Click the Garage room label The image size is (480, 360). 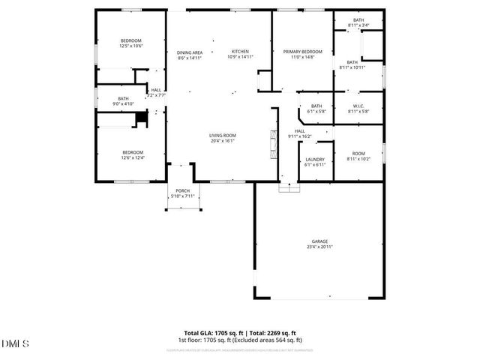(x=318, y=241)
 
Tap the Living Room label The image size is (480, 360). (x=223, y=135)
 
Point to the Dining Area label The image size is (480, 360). (x=190, y=52)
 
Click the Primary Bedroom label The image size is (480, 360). (x=302, y=52)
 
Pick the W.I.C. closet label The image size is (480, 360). (x=358, y=106)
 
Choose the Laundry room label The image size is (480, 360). (x=315, y=159)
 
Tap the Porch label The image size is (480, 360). (x=182, y=190)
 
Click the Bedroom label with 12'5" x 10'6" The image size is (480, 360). (x=131, y=40)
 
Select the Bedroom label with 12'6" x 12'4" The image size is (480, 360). (x=132, y=152)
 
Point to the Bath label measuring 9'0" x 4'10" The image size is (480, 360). (x=122, y=98)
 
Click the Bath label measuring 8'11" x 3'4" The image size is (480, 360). (x=358, y=20)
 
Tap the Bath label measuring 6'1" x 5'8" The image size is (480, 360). (x=316, y=106)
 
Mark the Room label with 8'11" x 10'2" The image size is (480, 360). (x=357, y=154)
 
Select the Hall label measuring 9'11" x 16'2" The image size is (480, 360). (x=299, y=131)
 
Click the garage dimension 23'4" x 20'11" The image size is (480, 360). (x=318, y=247)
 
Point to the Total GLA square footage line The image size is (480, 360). (x=240, y=333)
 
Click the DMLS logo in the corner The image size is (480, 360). (x=15, y=344)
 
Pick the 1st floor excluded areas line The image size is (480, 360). (x=240, y=340)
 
